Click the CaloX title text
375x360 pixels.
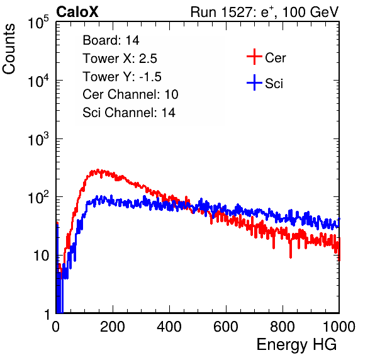coord(77,12)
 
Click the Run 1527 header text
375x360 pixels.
coord(264,12)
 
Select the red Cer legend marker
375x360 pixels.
coord(254,57)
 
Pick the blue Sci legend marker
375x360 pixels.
coord(254,82)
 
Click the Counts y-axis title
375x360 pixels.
coord(9,49)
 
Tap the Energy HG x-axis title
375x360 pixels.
coord(296,345)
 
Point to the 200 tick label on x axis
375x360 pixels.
coord(113,327)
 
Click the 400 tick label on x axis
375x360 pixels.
coord(169,327)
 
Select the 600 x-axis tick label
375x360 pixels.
coord(226,327)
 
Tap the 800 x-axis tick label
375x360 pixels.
coord(283,327)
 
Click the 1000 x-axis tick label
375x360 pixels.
coord(339,327)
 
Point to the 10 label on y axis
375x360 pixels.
coord(42,256)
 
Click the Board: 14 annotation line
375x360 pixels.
coord(111,40)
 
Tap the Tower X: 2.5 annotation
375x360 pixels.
coord(120,59)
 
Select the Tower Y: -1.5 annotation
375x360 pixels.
coord(122,77)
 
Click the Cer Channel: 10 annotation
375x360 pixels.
coord(130,94)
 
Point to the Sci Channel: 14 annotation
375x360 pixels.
coord(129,113)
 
